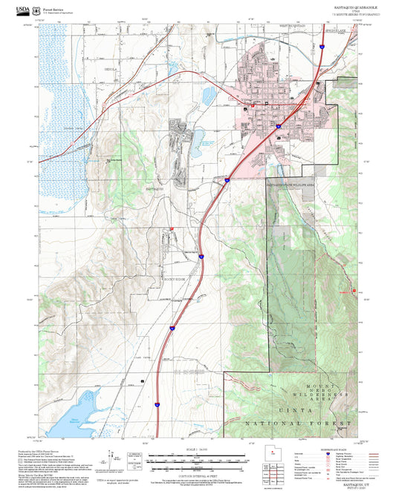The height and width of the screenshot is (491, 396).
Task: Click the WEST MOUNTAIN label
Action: point(293,26)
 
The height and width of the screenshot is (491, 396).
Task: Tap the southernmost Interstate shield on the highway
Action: point(157,403)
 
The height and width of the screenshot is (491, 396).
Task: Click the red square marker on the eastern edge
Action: point(354,290)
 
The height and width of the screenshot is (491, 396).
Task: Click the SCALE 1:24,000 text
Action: point(198,449)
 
